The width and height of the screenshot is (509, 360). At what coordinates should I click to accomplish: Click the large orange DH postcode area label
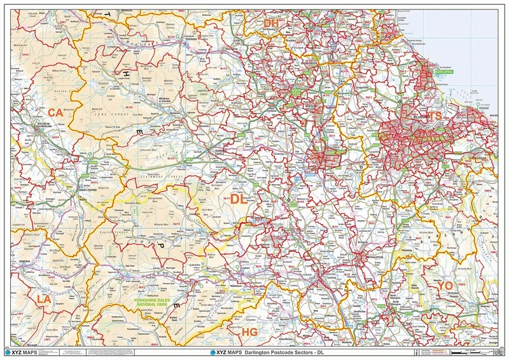(x=272, y=23)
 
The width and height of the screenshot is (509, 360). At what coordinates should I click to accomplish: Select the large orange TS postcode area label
(x=435, y=116)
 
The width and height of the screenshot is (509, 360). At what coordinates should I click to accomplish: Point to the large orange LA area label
(x=44, y=298)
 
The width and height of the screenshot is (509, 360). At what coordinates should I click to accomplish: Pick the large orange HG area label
(x=249, y=332)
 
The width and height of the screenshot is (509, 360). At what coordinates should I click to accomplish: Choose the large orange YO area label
(x=445, y=286)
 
